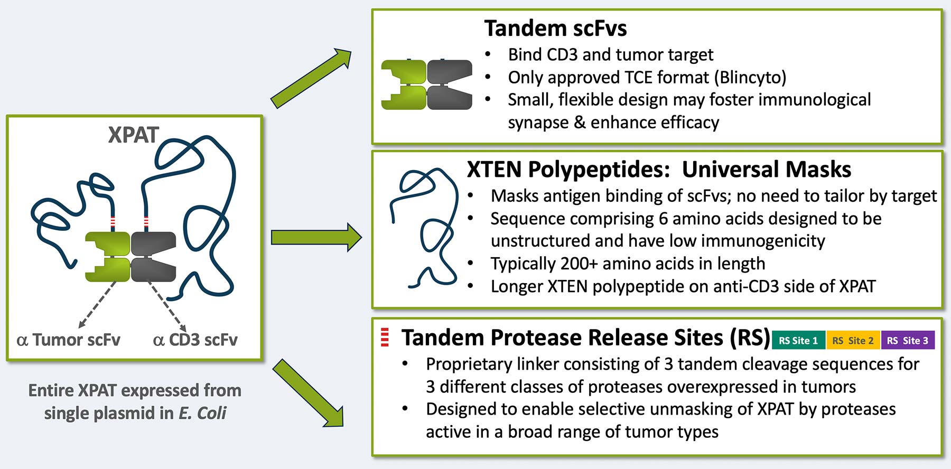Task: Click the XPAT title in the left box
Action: point(133,135)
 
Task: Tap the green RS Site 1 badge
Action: point(798,341)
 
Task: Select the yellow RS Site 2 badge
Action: point(853,341)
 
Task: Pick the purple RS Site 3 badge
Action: point(907,341)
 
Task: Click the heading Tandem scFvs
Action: point(555,29)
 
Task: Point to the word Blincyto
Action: point(750,78)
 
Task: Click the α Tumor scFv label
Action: point(69,340)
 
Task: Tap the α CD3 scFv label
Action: point(195,340)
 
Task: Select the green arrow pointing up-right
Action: point(311,78)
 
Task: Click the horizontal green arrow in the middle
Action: point(315,237)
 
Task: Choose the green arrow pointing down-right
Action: point(309,393)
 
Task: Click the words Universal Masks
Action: point(766,170)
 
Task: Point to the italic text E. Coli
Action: point(202,413)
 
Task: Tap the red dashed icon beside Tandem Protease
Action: point(385,337)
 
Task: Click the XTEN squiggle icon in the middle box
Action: point(423,227)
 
